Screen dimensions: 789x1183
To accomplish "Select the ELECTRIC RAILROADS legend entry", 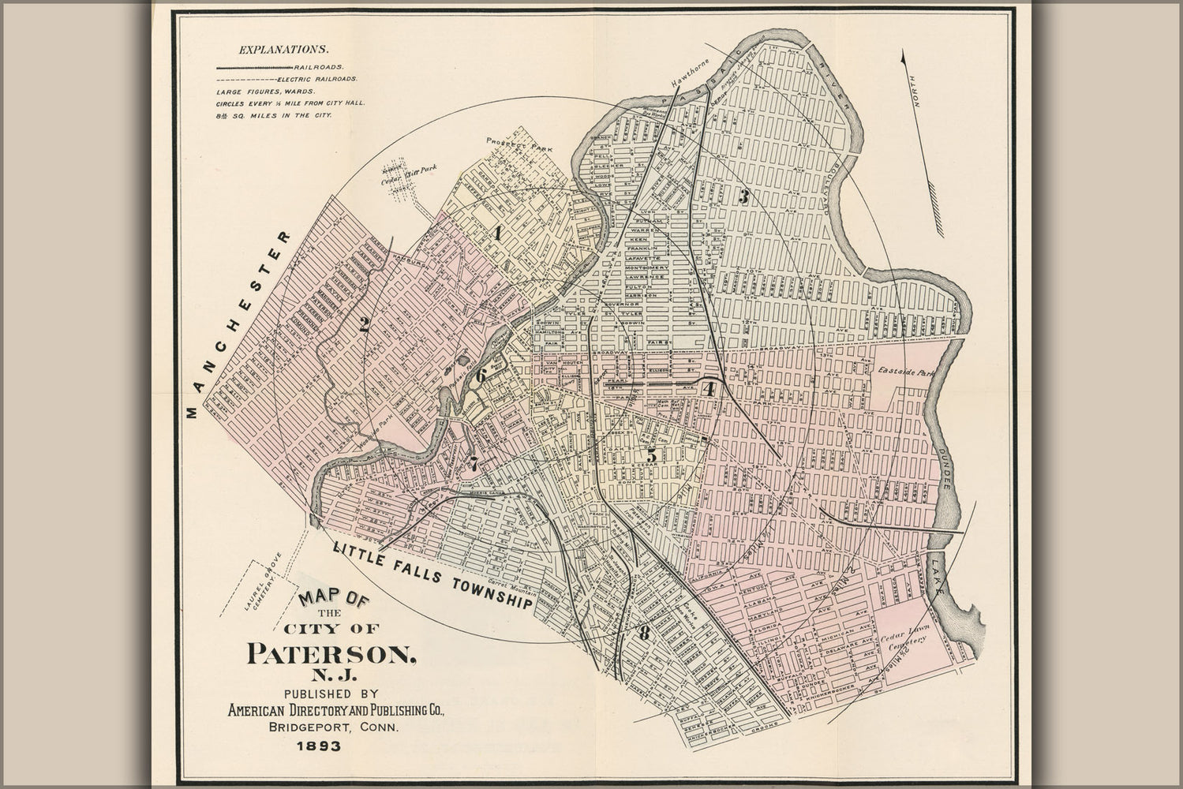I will (316, 80).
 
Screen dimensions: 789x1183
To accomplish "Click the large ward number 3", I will (743, 197).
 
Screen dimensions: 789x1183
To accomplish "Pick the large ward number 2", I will (365, 323).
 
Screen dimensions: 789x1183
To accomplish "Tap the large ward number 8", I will (645, 632).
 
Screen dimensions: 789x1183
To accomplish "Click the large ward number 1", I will (498, 233).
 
